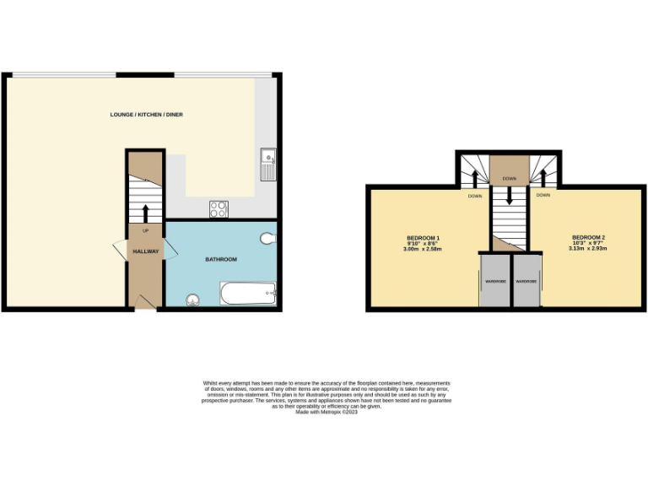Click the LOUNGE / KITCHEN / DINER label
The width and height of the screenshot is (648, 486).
point(146,114)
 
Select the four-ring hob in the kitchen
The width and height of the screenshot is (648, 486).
point(218,208)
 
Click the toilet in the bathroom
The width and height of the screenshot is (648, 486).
point(268,239)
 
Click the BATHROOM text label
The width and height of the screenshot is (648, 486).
point(221,259)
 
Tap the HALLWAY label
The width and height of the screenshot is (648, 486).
point(145,251)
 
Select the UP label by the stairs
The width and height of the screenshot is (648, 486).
point(145,231)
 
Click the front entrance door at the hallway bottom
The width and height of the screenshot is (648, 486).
point(145,301)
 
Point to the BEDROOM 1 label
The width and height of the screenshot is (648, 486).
point(423,238)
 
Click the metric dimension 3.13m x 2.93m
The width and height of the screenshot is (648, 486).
point(588,248)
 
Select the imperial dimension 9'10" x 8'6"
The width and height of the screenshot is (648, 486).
point(423,244)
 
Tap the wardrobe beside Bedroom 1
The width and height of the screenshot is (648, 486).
point(494,282)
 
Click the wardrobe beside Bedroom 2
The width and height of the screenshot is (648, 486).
point(526,282)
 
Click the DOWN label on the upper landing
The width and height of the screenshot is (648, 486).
point(510,179)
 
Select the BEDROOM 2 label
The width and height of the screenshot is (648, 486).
point(588,237)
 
